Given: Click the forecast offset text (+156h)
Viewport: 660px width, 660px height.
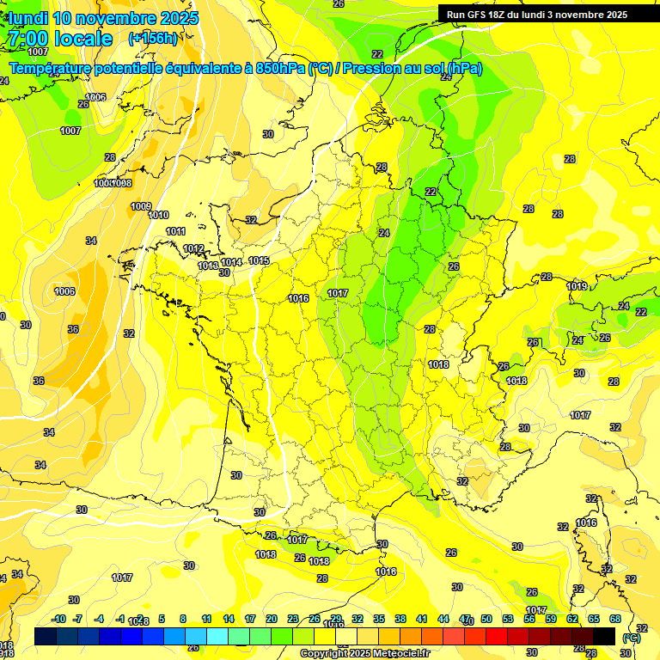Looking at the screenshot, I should [x=152, y=38].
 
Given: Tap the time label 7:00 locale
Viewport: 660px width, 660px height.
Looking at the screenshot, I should [x=60, y=39].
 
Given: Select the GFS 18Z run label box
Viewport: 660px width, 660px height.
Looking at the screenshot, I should [x=537, y=14].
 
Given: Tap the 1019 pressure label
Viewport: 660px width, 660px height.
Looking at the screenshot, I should [x=577, y=286].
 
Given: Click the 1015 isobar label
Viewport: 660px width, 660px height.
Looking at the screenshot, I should [x=259, y=260].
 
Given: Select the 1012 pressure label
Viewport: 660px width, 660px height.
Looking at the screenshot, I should [x=193, y=249].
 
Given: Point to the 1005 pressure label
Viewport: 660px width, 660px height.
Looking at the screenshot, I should [x=64, y=291].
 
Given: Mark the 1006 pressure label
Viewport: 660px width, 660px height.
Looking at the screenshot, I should [x=95, y=97].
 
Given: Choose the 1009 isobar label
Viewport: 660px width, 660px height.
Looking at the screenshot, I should [x=141, y=206].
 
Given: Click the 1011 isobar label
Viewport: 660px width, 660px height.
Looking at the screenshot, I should [x=175, y=231].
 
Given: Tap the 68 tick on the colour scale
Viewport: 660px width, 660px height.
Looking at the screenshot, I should [x=615, y=619].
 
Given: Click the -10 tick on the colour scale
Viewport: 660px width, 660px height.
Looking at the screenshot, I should [x=59, y=619].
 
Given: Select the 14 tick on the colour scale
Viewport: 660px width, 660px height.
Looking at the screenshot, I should [x=229, y=619].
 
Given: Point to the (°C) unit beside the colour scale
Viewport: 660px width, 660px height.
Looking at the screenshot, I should [x=631, y=637].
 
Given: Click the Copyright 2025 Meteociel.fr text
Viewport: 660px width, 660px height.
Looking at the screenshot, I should [x=364, y=653].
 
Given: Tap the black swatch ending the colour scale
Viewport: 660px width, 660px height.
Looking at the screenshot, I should [x=604, y=636].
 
